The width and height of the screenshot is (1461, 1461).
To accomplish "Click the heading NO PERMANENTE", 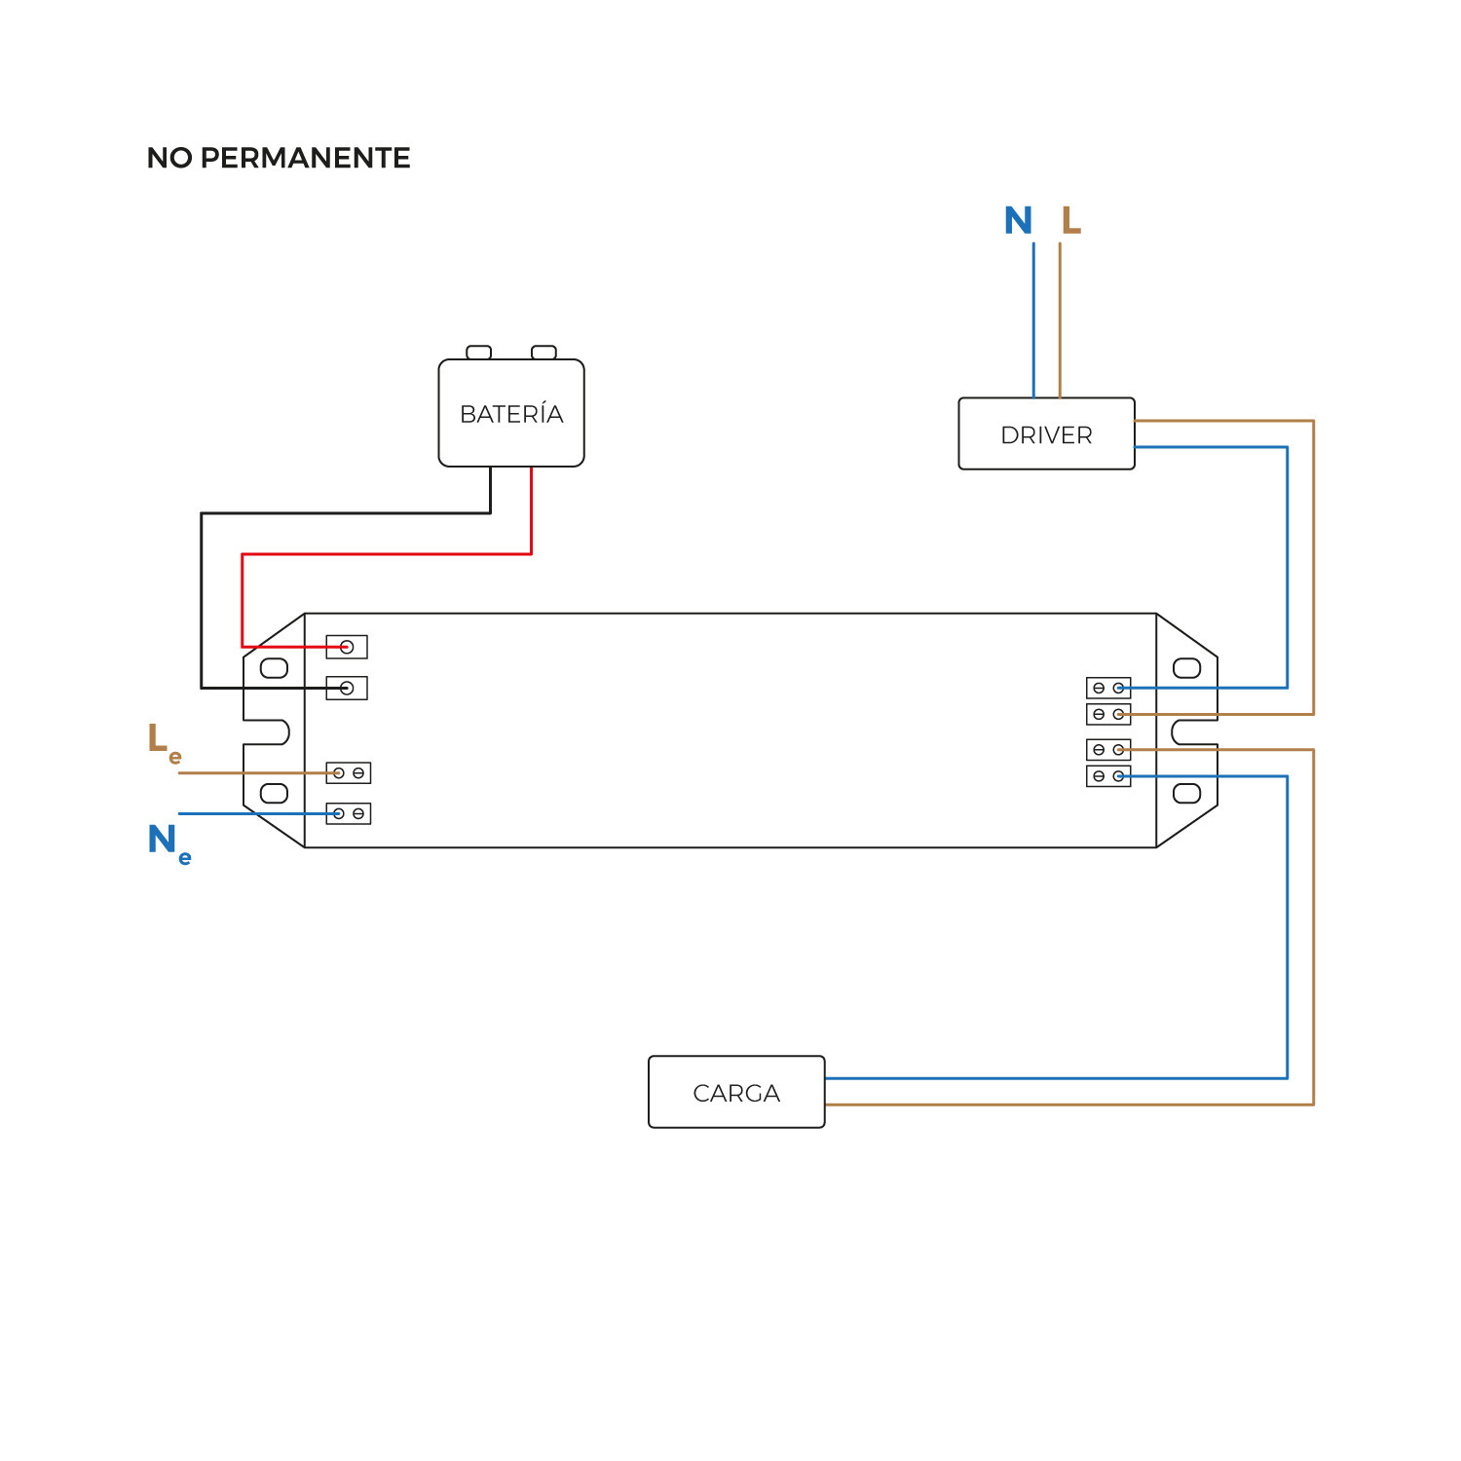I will pyautogui.click(x=279, y=158).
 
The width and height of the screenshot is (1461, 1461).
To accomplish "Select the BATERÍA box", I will pyautogui.click(x=511, y=414).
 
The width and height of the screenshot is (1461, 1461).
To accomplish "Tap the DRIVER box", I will pyautogui.click(x=1046, y=434).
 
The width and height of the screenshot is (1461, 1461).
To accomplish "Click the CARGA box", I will pyautogui.click(x=736, y=1093).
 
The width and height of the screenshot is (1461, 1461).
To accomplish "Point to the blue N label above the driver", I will pyautogui.click(x=1018, y=221).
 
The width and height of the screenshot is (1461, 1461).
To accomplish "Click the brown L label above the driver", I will pyautogui.click(x=1070, y=221).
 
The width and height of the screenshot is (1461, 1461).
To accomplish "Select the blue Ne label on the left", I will pyautogui.click(x=167, y=842).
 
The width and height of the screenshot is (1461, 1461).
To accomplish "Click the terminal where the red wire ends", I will pyautogui.click(x=347, y=647).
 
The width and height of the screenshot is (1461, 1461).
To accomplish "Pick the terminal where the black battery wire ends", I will pyautogui.click(x=347, y=689).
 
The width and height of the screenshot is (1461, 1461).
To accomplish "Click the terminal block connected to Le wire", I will pyautogui.click(x=349, y=773).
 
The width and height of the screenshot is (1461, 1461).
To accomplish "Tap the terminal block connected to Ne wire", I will pyautogui.click(x=349, y=813).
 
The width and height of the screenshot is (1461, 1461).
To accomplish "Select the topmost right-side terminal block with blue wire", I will pyautogui.click(x=1108, y=688).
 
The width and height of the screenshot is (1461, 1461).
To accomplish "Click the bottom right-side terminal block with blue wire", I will pyautogui.click(x=1108, y=776).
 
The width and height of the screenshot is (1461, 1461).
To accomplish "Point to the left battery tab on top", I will pyautogui.click(x=479, y=353).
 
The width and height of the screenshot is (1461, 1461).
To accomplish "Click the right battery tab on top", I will pyautogui.click(x=543, y=353).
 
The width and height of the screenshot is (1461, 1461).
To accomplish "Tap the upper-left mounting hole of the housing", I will pyautogui.click(x=275, y=668).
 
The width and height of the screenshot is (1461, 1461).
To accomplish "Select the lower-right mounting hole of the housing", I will pyautogui.click(x=1186, y=793).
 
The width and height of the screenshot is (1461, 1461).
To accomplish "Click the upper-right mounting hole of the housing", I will pyautogui.click(x=1186, y=668).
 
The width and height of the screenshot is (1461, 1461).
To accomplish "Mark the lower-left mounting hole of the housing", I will pyautogui.click(x=275, y=793).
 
